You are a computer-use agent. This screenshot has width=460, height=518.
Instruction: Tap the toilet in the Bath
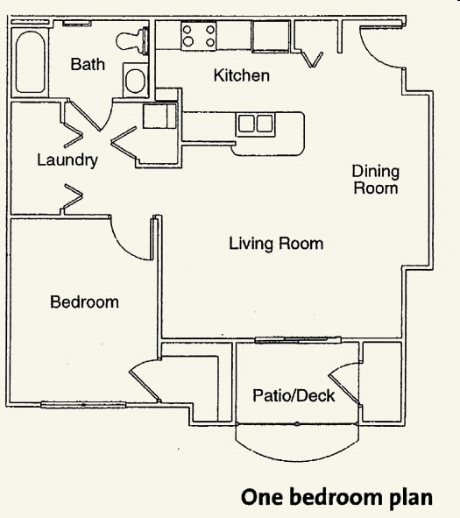pyautogui.click(x=129, y=40)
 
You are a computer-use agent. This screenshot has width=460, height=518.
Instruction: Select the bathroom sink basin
pyautogui.click(x=136, y=81)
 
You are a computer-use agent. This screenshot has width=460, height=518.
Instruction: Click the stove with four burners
pyautogui.click(x=199, y=36)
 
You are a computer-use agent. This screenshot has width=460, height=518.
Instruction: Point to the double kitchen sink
pyautogui.click(x=254, y=124)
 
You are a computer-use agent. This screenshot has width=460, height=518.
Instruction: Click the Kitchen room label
pyautogui.click(x=241, y=75)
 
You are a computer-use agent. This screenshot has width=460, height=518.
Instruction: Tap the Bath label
pyautogui.click(x=88, y=64)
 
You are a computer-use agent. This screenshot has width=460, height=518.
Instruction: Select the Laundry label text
pyautogui.click(x=67, y=160)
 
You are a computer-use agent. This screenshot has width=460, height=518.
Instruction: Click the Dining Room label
pyautogui.click(x=375, y=179)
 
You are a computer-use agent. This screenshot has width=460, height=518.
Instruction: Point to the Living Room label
pyautogui.click(x=276, y=243)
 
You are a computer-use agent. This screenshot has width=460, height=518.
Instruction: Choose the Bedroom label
pyautogui.click(x=84, y=302)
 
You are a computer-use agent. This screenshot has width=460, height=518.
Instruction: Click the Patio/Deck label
pyautogui.click(x=294, y=396)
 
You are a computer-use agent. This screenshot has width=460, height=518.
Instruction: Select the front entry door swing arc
pyautogui.click(x=382, y=53)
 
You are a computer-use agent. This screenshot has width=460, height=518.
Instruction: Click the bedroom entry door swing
pyautogui.click(x=131, y=241)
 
